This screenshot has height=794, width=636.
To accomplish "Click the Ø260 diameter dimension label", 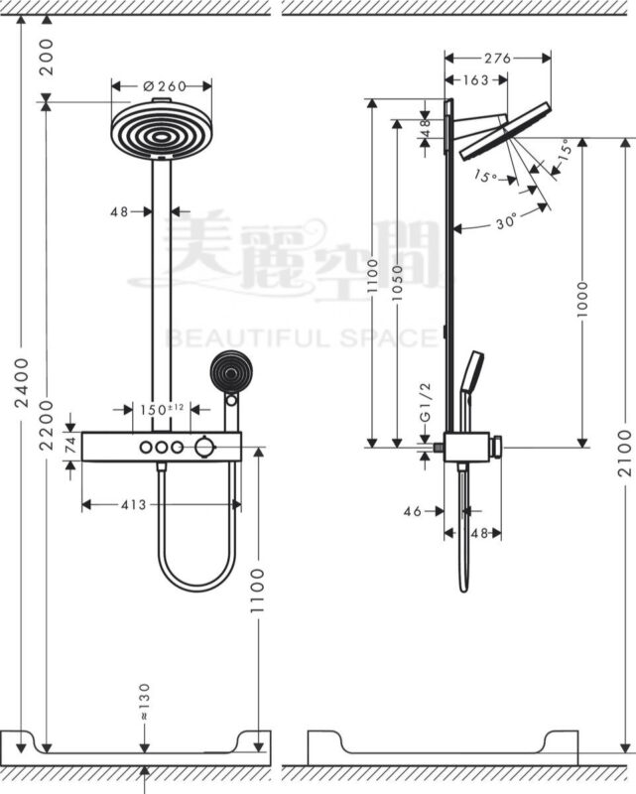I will click(x=164, y=85).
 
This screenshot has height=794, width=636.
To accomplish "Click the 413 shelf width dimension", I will click(x=132, y=504).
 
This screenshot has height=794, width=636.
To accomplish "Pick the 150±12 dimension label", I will click(x=162, y=409).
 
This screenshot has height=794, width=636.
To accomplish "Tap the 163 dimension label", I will click(x=476, y=79).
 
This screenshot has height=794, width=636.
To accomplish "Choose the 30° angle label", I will click(x=507, y=222).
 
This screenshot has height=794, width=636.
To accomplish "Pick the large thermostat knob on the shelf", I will click(x=205, y=447).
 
